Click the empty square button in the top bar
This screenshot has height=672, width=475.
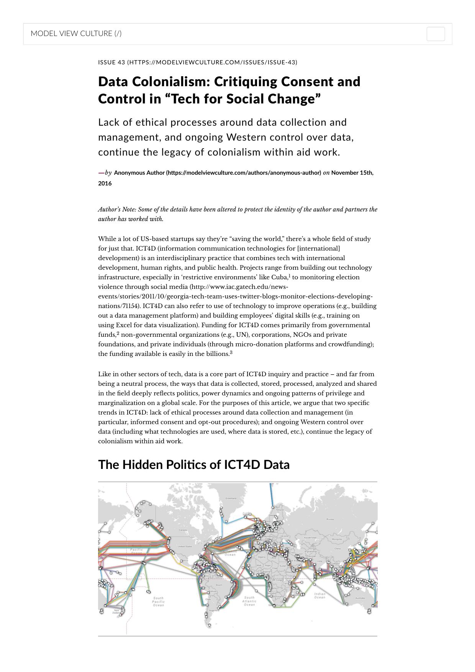tap(436, 34)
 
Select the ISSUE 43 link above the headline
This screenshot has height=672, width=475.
tap(197, 62)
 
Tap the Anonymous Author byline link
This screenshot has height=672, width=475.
tap(217, 173)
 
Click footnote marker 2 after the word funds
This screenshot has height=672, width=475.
tap(118, 333)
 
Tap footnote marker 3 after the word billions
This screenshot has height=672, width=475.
tap(231, 352)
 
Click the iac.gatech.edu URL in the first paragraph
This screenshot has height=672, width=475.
tap(235, 296)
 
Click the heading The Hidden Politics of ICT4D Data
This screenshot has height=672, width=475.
tap(194, 465)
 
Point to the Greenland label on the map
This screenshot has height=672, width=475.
tap(231, 498)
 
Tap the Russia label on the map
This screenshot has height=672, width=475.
tap(330, 520)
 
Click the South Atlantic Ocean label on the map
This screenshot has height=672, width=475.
tap(249, 601)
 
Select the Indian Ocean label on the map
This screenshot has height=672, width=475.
tap(319, 595)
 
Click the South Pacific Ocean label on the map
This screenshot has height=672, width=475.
tap(158, 601)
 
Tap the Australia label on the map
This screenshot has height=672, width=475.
tap(360, 598)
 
